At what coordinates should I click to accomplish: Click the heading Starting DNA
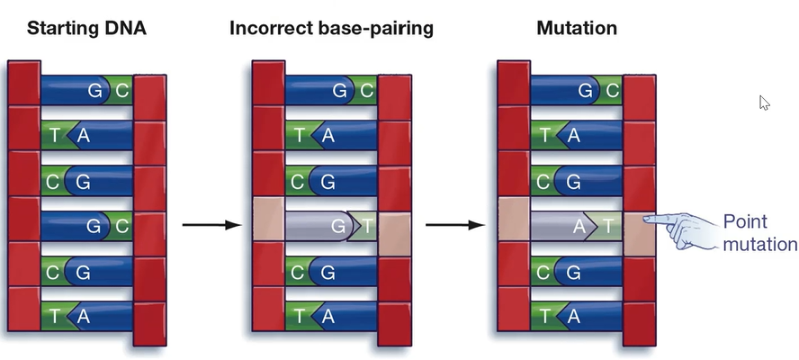pos(86,28)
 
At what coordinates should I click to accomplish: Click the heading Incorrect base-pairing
pos(331,28)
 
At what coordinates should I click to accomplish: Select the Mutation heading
pos(577,28)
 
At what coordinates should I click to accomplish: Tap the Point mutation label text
pos(759,232)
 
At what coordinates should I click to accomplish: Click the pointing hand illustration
pos(683,230)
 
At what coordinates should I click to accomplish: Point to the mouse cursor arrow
pos(764,103)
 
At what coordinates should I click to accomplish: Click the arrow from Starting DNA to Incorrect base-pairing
pos(212,225)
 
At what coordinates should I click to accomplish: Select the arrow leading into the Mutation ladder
pos(455,225)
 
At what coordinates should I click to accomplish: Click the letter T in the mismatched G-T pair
pos(367,225)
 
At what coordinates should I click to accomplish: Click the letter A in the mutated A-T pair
pos(579,226)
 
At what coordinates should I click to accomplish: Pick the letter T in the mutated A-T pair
pos(607,225)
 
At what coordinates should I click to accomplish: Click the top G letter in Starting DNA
pos(94,91)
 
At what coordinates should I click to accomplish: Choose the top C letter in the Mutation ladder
pos(613,91)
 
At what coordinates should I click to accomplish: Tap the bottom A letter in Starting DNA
pos(83,317)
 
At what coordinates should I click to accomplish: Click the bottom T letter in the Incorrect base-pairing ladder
pos(299,317)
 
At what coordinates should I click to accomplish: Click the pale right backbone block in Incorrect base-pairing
pos(395,234)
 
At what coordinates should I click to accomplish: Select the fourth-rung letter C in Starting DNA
pos(122,226)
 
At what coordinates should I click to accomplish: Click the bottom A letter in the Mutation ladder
pos(574,317)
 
